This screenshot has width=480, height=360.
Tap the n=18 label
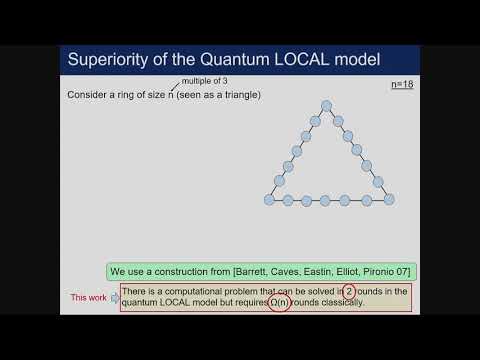(x=402, y=85)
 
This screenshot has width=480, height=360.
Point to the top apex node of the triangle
(x=327, y=105)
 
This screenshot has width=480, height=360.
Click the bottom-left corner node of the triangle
(x=269, y=199)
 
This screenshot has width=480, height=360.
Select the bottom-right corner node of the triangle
(x=389, y=199)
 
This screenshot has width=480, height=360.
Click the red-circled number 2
(x=337, y=291)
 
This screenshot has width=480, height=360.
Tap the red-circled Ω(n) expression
(x=279, y=302)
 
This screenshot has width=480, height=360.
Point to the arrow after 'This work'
(x=113, y=297)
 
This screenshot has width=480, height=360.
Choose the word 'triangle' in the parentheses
(x=237, y=95)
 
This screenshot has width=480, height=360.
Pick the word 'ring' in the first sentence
(x=129, y=95)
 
